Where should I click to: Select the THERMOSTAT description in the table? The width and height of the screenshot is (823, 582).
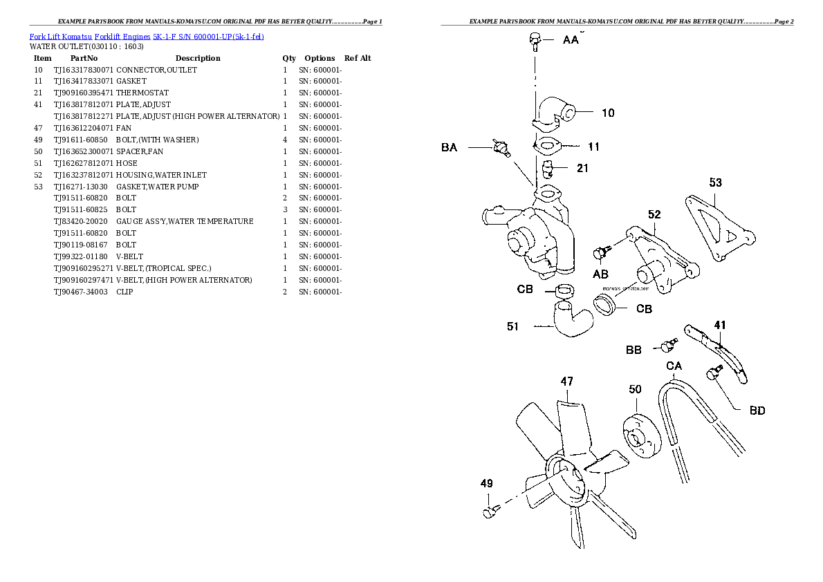point(142,93)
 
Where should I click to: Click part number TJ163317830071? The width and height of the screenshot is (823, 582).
point(83,70)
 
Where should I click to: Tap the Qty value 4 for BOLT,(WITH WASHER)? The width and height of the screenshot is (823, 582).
point(285,140)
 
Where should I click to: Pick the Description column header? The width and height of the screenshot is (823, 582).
point(198,58)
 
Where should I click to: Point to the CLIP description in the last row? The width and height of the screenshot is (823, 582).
point(124,292)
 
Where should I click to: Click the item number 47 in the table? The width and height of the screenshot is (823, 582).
point(38,128)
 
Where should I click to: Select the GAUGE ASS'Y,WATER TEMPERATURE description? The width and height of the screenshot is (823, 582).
point(184,221)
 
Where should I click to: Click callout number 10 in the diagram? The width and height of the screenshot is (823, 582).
point(607,113)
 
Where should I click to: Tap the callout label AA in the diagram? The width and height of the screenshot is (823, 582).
point(571,41)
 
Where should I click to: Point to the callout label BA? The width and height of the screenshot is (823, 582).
point(449,147)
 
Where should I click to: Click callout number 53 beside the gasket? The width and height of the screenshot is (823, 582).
point(715,182)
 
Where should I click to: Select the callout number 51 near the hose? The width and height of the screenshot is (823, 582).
point(512,327)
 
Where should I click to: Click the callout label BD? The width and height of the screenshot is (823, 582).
point(757,411)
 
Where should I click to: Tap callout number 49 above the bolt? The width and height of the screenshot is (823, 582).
point(487,483)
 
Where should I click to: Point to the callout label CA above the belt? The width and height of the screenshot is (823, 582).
point(674,366)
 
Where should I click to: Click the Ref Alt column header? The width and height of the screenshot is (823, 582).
point(358,58)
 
